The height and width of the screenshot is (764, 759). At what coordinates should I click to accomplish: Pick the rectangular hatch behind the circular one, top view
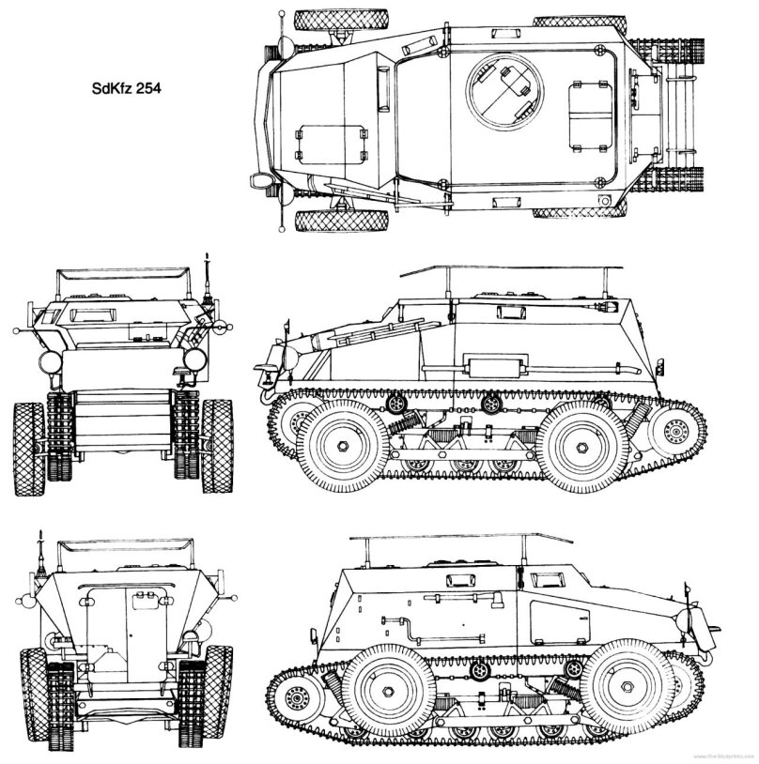pyautogui.click(x=591, y=120)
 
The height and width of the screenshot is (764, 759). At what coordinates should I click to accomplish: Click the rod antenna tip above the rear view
pyautogui.click(x=40, y=536)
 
